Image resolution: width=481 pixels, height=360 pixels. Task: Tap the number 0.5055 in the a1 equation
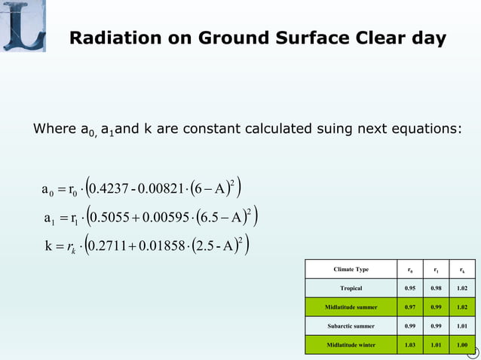point(115,219)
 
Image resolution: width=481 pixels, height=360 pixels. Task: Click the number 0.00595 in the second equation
point(169,219)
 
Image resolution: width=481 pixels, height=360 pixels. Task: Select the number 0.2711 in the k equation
point(112,247)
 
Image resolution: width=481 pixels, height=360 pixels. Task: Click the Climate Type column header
point(351,269)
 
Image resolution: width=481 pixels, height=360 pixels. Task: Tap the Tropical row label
point(351,288)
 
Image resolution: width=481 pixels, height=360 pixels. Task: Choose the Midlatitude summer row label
point(351,307)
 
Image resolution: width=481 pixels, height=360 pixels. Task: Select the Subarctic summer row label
point(351,327)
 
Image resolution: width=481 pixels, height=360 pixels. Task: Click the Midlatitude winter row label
point(351,346)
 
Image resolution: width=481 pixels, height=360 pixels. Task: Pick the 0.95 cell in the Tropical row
point(411,288)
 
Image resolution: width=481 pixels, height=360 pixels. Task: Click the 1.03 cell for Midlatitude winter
point(411,346)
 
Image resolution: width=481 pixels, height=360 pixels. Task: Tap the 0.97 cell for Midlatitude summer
point(411,307)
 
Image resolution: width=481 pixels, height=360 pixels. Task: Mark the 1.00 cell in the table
point(462,346)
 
